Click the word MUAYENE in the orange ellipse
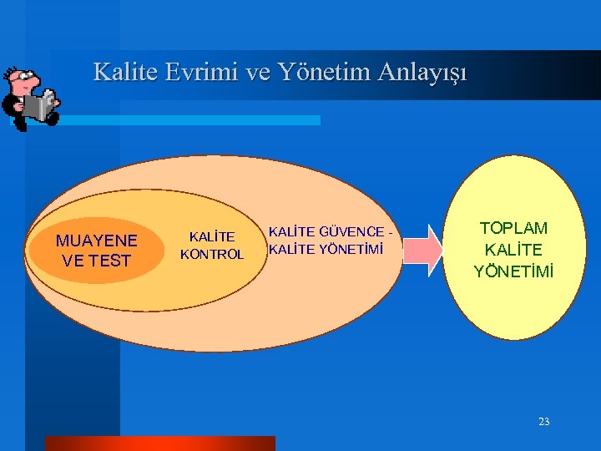[x=96, y=241]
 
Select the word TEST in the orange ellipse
[x=109, y=261]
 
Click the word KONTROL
[x=212, y=254]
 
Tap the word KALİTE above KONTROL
[x=212, y=237]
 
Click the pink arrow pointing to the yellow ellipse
[x=427, y=250]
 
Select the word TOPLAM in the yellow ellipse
[x=513, y=228]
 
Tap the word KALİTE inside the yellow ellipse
[x=513, y=250]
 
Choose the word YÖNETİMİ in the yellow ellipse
[x=513, y=271]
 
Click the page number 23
[x=543, y=422]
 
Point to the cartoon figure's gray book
[x=39, y=105]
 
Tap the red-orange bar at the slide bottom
[x=159, y=443]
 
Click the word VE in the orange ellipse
[x=73, y=261]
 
